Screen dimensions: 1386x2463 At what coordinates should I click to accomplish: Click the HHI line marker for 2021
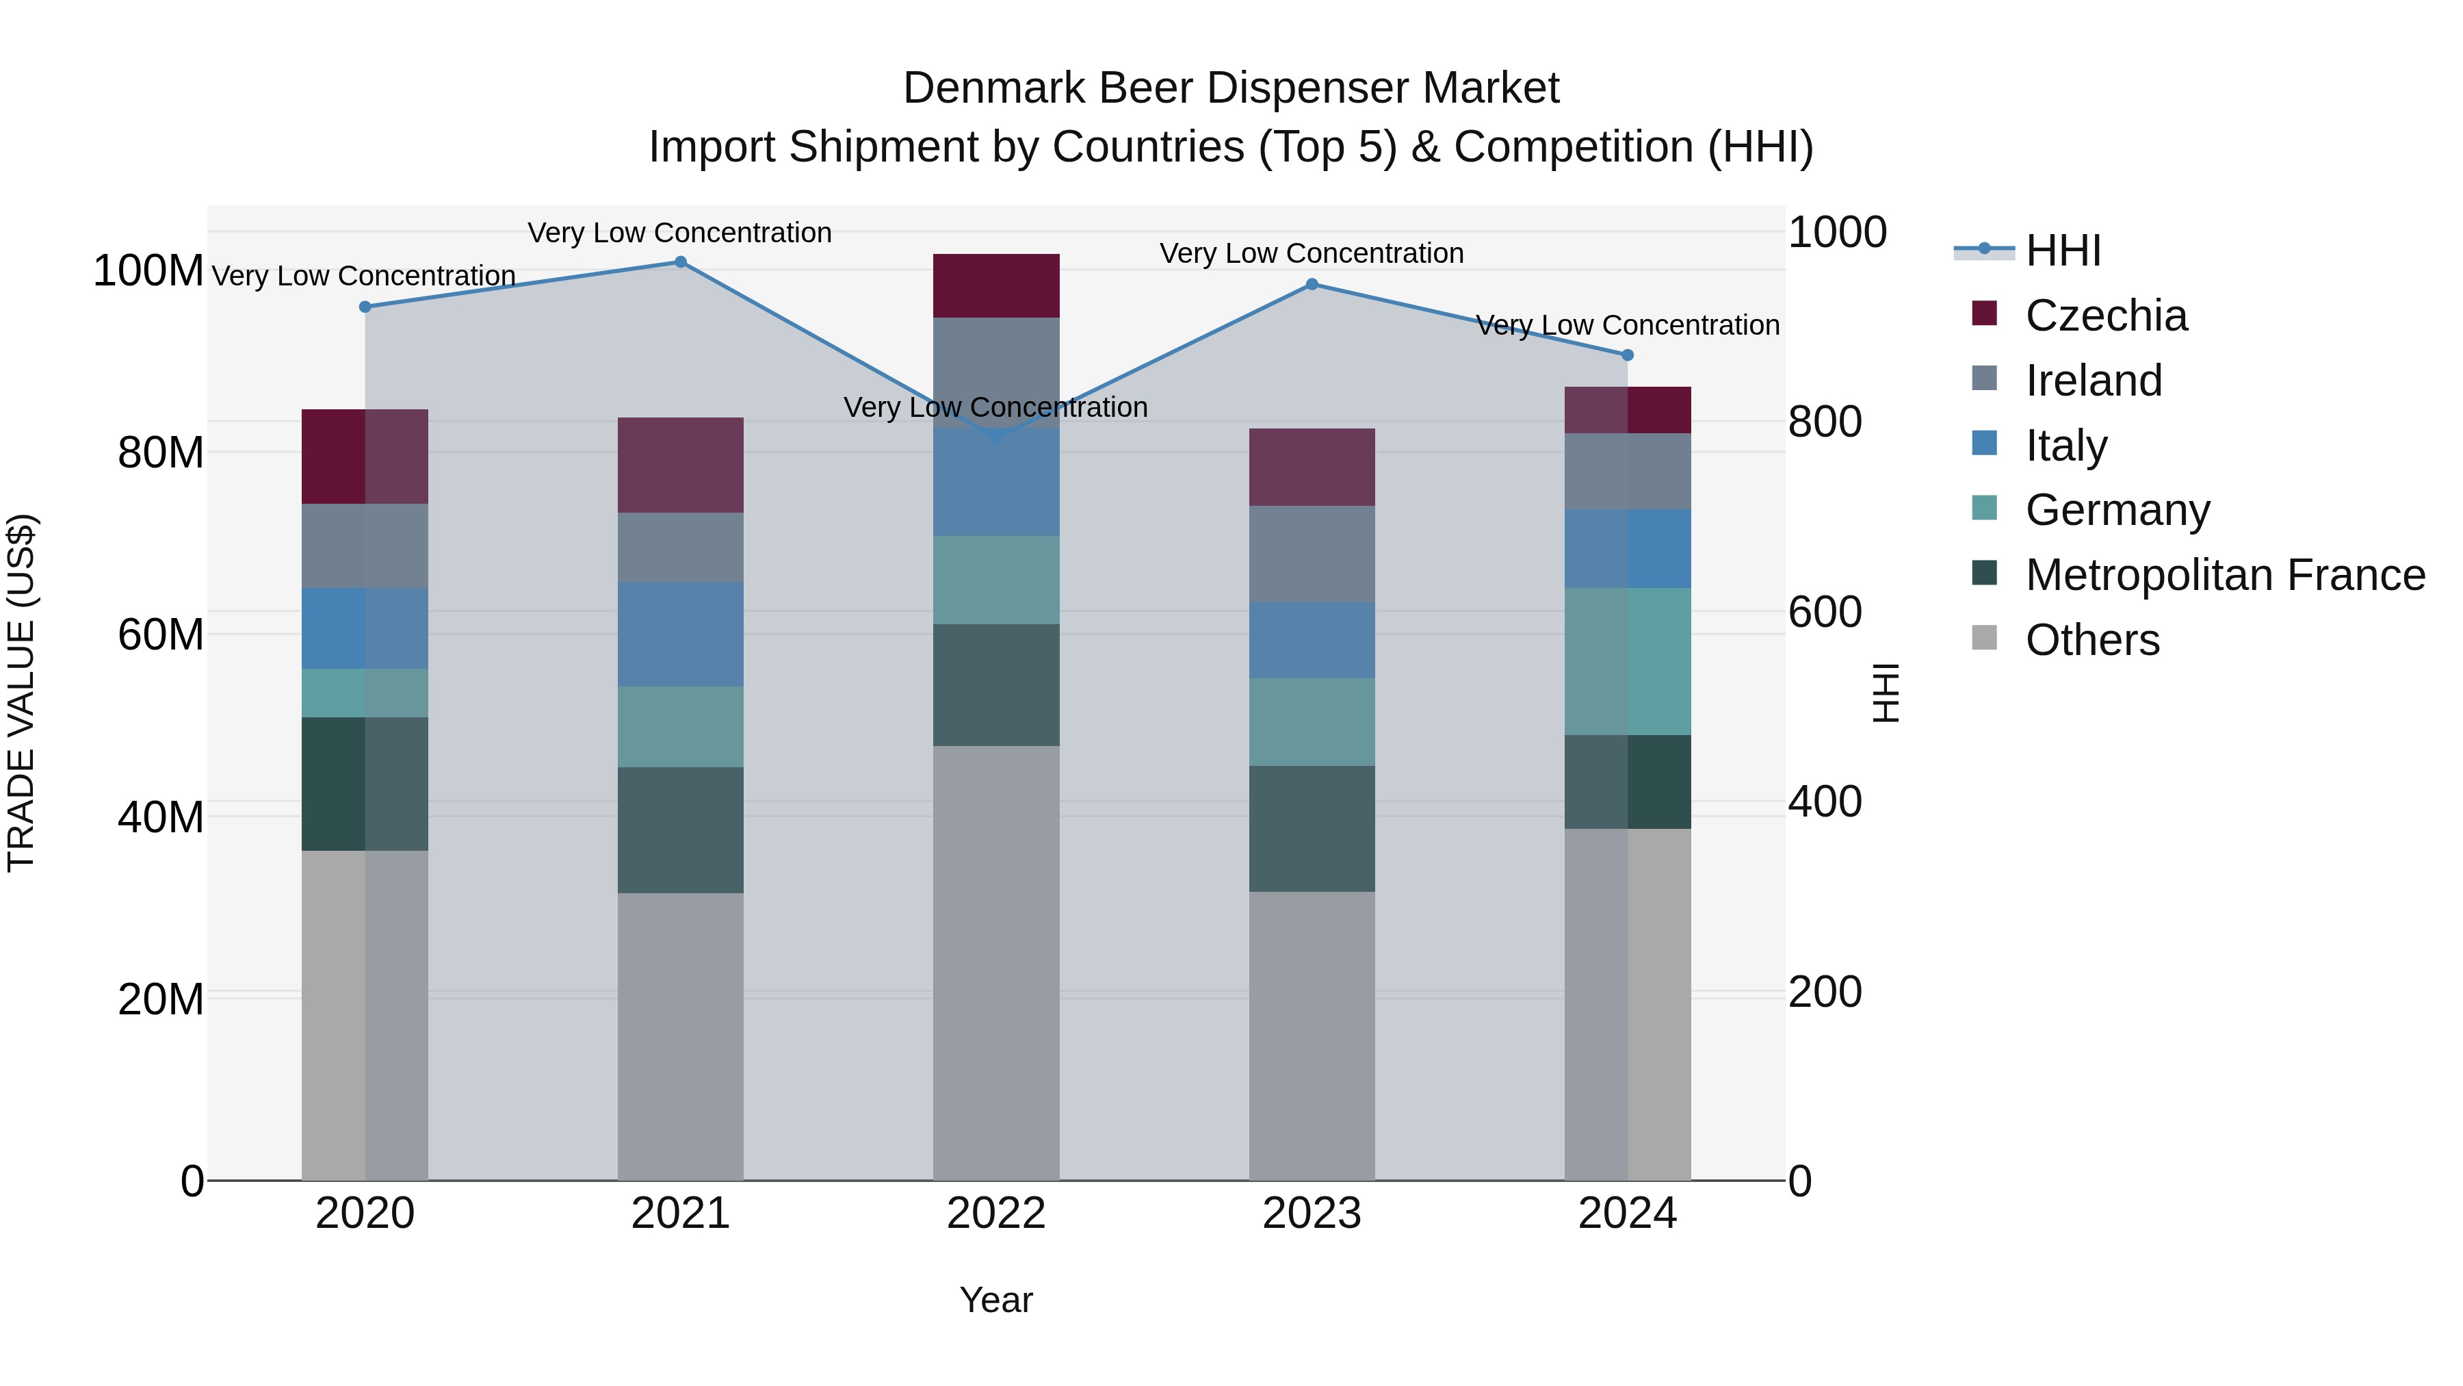(x=681, y=262)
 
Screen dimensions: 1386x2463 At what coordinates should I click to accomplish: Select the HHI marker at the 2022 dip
(x=996, y=436)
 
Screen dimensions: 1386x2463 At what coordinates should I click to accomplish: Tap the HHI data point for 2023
(x=1312, y=284)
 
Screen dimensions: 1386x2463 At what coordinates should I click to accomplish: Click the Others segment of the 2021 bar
(x=681, y=1036)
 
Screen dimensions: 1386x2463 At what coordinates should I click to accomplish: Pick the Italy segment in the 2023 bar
(x=1312, y=640)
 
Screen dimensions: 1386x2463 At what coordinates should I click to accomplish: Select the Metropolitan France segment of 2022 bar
(x=996, y=685)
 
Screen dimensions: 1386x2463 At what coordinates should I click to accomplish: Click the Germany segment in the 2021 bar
(x=681, y=727)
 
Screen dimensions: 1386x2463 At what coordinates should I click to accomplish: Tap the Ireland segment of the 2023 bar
(x=1312, y=554)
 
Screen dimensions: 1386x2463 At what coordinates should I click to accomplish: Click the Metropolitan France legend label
(x=2225, y=575)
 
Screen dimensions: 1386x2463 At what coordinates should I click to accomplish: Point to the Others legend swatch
(x=1985, y=638)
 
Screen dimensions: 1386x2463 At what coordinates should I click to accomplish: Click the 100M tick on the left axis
(x=148, y=272)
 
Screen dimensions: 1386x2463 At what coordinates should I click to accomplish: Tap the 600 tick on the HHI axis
(x=1824, y=612)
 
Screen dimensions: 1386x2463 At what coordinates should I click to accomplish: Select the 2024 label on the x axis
(x=1628, y=1214)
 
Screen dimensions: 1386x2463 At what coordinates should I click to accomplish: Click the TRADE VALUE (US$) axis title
(x=22, y=693)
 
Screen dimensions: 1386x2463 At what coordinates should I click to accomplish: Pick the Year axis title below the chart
(x=996, y=1300)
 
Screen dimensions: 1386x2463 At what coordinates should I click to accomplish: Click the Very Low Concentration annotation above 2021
(x=680, y=233)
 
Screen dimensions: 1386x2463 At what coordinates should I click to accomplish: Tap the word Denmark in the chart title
(x=994, y=89)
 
